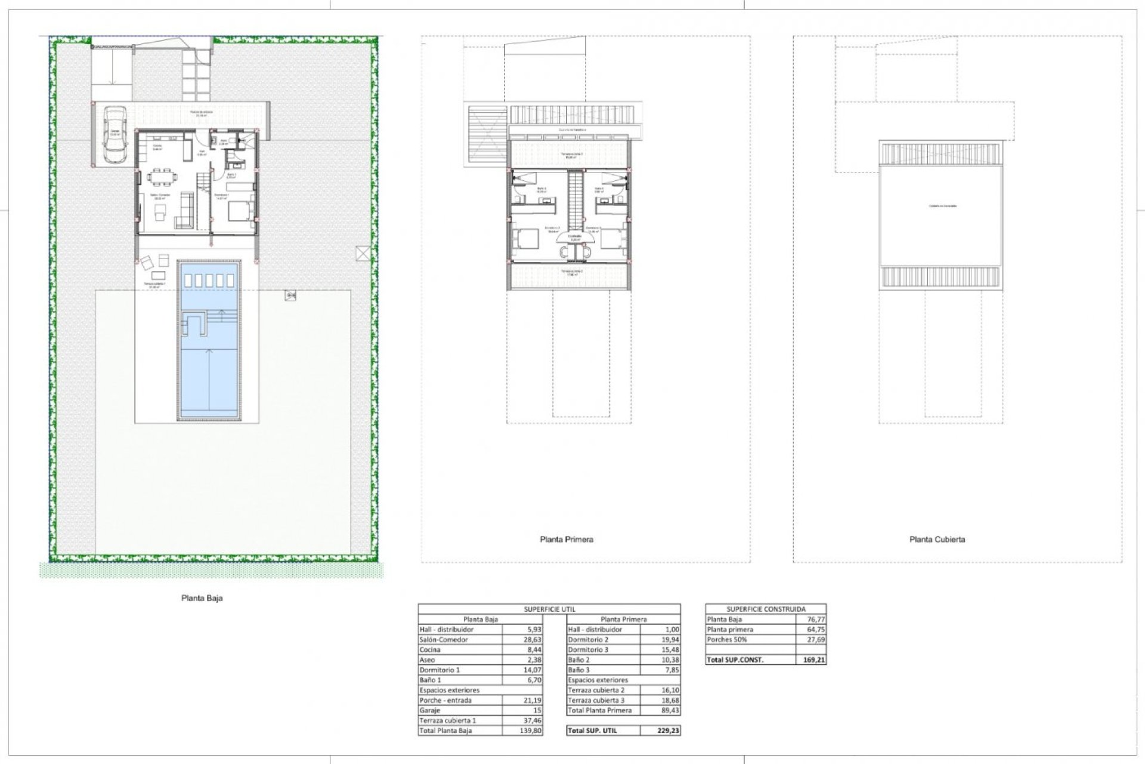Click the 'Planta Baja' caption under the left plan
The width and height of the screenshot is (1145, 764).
202,598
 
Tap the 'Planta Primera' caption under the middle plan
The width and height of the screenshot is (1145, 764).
566,540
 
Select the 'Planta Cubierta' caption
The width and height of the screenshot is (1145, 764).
937,540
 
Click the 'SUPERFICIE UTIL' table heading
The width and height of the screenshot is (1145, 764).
549,609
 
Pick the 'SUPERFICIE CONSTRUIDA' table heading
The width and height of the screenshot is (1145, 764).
766,609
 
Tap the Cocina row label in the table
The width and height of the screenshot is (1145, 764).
430,650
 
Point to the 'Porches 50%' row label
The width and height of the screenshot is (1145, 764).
727,640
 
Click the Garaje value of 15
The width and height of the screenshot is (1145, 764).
537,710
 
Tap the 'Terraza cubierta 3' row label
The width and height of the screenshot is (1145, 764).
596,700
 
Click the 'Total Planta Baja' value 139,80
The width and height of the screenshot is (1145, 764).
531,731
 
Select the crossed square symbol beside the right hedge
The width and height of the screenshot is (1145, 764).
363,253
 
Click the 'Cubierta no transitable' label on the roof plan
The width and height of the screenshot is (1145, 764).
942,206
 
